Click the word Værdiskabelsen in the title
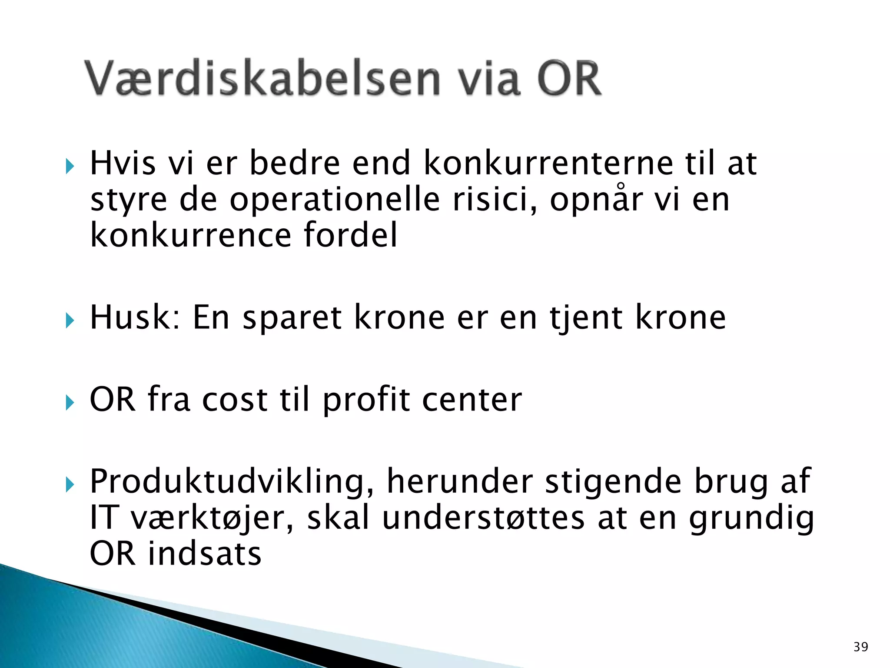coord(262,79)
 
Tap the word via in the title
coord(488,79)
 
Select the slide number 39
coord(860,647)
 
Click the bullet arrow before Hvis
coord(70,166)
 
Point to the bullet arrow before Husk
coord(70,321)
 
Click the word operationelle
coord(335,200)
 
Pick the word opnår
coord(596,200)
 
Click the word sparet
coord(292,318)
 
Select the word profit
coord(366,400)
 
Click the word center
coord(472,400)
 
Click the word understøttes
coord(483,518)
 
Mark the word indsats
coord(205,554)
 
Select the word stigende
coord(613,482)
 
